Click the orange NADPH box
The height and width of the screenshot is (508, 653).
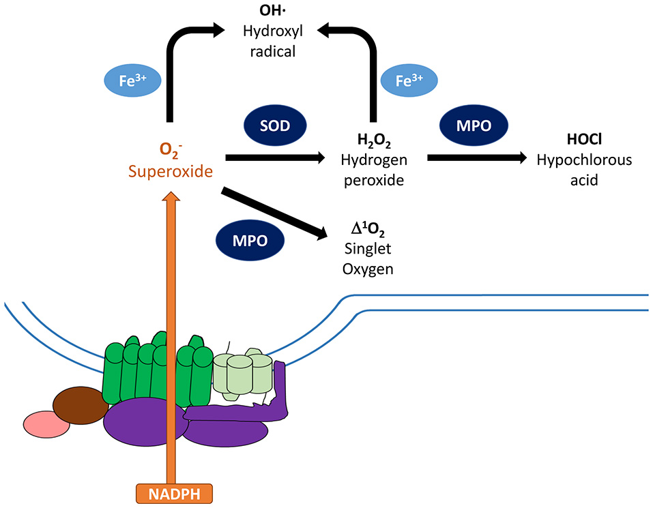tap(173, 492)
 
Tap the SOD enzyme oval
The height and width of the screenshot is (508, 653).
tap(275, 127)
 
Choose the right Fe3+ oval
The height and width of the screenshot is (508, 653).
tap(409, 80)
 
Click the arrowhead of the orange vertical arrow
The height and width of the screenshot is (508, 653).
tap(173, 198)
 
